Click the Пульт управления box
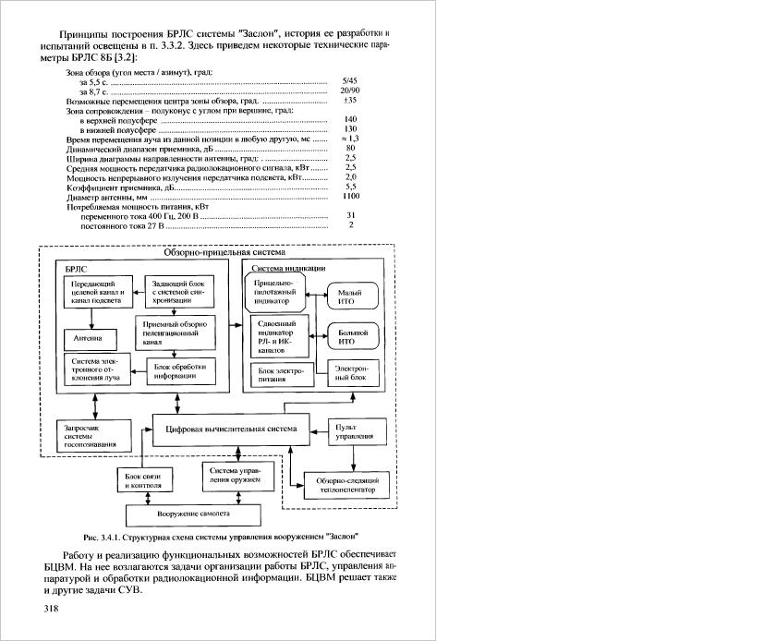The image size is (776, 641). click(x=355, y=432)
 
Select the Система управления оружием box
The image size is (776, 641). click(x=235, y=477)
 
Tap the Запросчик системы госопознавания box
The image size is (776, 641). click(x=89, y=434)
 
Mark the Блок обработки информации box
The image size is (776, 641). click(x=176, y=369)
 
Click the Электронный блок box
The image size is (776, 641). click(x=351, y=372)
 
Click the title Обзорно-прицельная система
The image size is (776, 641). click(x=224, y=252)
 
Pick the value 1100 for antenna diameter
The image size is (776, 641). click(x=351, y=197)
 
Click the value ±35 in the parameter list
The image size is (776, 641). click(x=350, y=100)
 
